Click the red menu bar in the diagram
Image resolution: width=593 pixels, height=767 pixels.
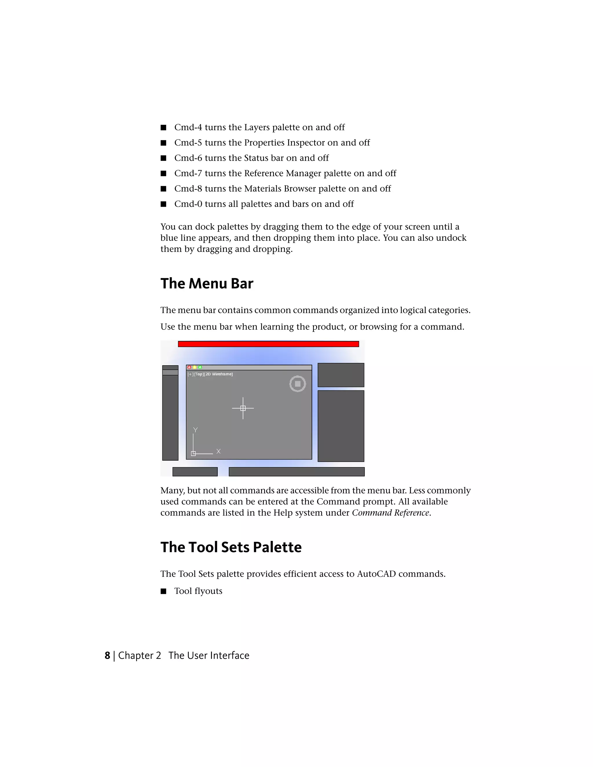click(268, 344)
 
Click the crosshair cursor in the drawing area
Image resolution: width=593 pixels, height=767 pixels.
click(243, 408)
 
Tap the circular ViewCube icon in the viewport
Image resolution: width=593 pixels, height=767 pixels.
click(298, 384)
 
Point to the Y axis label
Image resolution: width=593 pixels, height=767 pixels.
click(196, 430)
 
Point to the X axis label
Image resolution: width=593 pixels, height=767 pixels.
click(218, 451)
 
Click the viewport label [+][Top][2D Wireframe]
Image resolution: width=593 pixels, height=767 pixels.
click(210, 374)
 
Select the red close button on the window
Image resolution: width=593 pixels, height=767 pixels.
click(189, 367)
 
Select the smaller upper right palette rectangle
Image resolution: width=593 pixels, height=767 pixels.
click(341, 375)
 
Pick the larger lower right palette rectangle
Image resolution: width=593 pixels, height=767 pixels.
click(341, 426)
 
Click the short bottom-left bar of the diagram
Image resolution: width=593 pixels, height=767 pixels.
click(195, 472)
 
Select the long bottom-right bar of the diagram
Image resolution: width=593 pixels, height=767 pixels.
click(296, 472)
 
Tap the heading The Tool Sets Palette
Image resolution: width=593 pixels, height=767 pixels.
click(231, 547)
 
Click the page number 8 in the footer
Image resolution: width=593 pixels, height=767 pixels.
click(107, 655)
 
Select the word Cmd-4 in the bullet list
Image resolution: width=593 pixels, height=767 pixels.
click(188, 127)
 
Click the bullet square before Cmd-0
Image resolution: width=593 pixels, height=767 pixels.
click(163, 204)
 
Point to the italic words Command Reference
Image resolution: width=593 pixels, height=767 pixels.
click(390, 513)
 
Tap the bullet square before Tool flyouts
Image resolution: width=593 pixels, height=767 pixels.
click(163, 591)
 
